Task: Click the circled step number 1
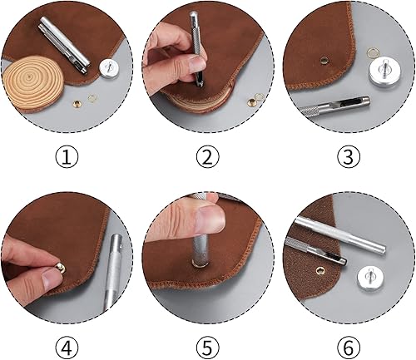67,156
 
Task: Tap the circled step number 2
208,156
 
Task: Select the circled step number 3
349,156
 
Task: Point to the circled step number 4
67,347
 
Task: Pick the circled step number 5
208,347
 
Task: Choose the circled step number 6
349,347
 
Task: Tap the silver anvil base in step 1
109,68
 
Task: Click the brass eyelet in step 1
77,104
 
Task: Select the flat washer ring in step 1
92,97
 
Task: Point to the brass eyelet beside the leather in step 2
252,102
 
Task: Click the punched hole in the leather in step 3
324,59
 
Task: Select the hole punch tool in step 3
334,107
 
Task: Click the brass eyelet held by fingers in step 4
61,268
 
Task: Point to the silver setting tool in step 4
113,273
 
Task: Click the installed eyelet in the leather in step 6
320,269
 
